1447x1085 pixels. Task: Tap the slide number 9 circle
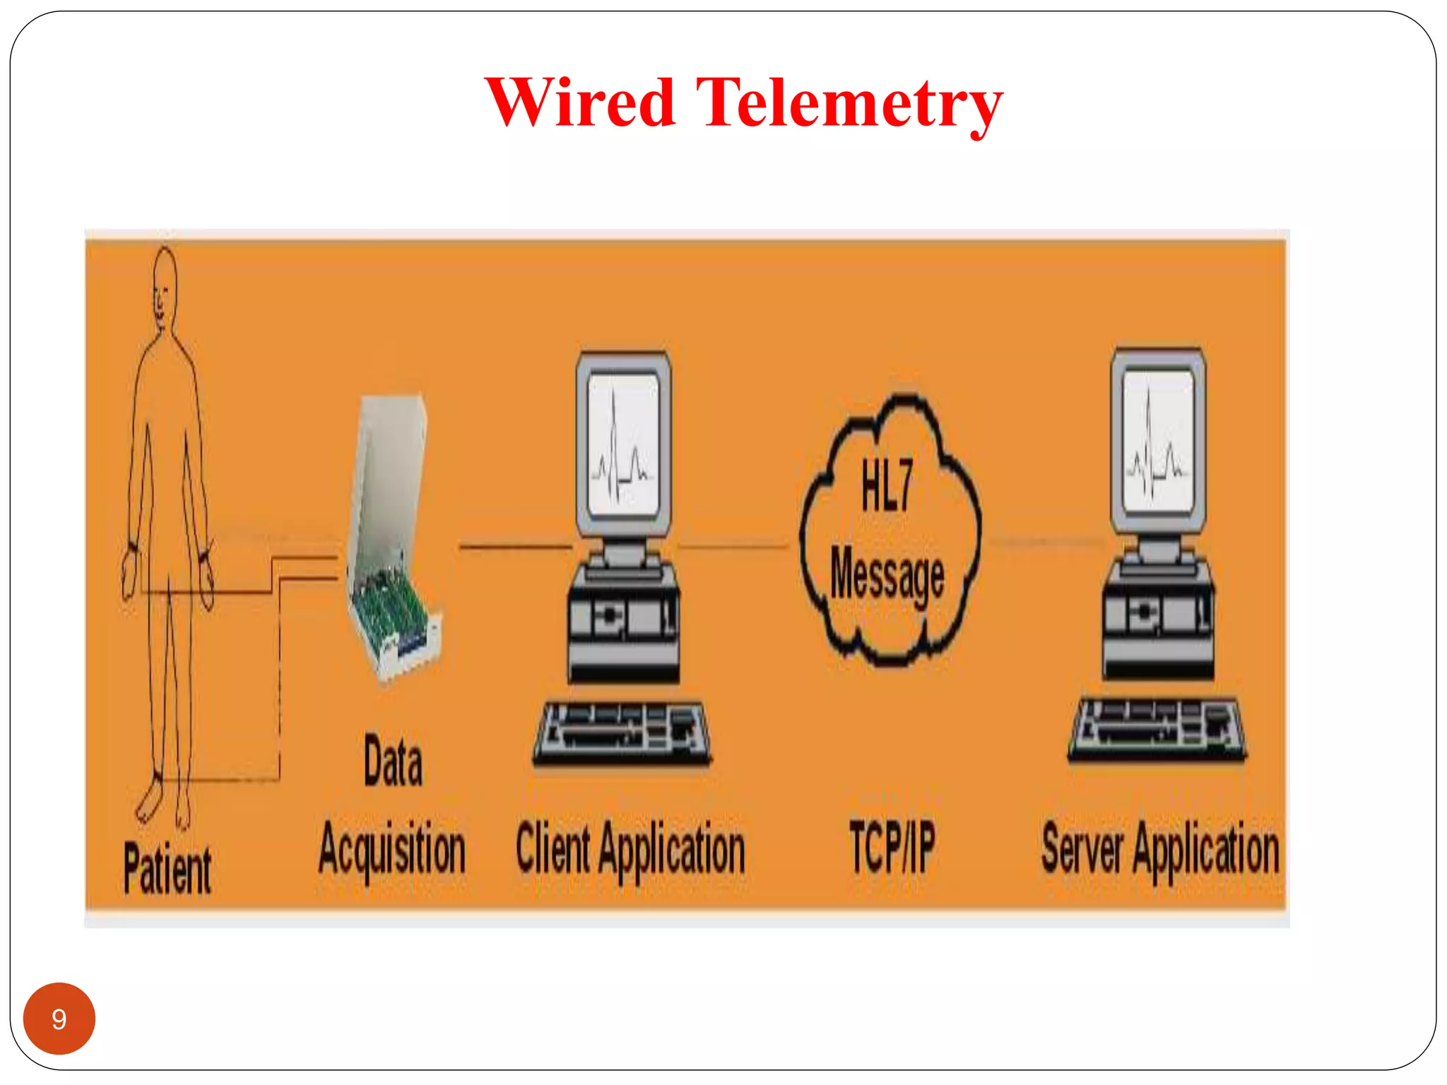(59, 1018)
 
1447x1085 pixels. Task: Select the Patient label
(167, 868)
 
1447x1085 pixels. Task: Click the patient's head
(165, 286)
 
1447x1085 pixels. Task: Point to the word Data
(394, 761)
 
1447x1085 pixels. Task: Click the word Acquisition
(392, 850)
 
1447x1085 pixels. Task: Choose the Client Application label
(630, 850)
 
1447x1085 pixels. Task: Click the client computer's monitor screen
(623, 445)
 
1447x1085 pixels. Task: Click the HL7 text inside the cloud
(887, 485)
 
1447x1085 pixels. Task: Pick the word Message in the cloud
(887, 576)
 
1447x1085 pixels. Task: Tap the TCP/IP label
(892, 847)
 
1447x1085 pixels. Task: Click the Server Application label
(1160, 850)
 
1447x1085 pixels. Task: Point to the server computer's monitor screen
(1158, 442)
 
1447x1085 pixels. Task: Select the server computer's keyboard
(1157, 730)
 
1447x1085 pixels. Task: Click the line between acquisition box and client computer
(515, 545)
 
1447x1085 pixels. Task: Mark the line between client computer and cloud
(733, 545)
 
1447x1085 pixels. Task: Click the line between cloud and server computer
(1047, 542)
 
